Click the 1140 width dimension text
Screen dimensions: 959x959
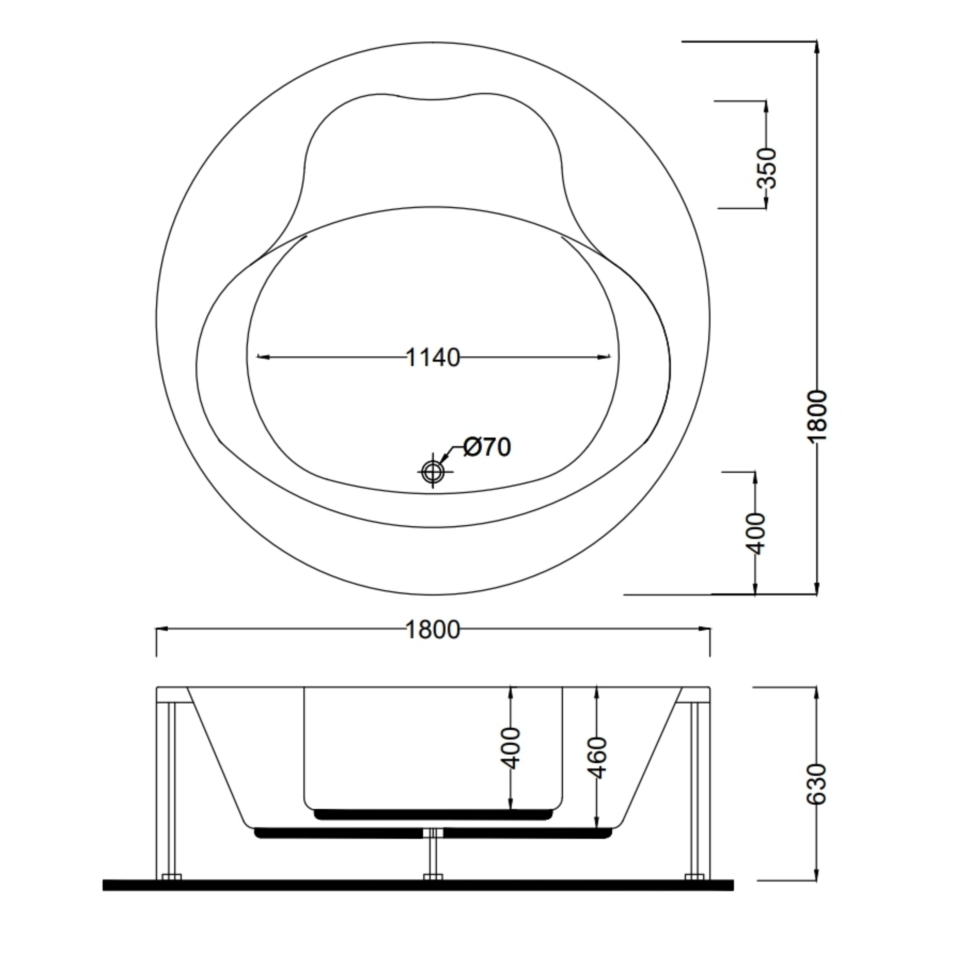pos(433,357)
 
